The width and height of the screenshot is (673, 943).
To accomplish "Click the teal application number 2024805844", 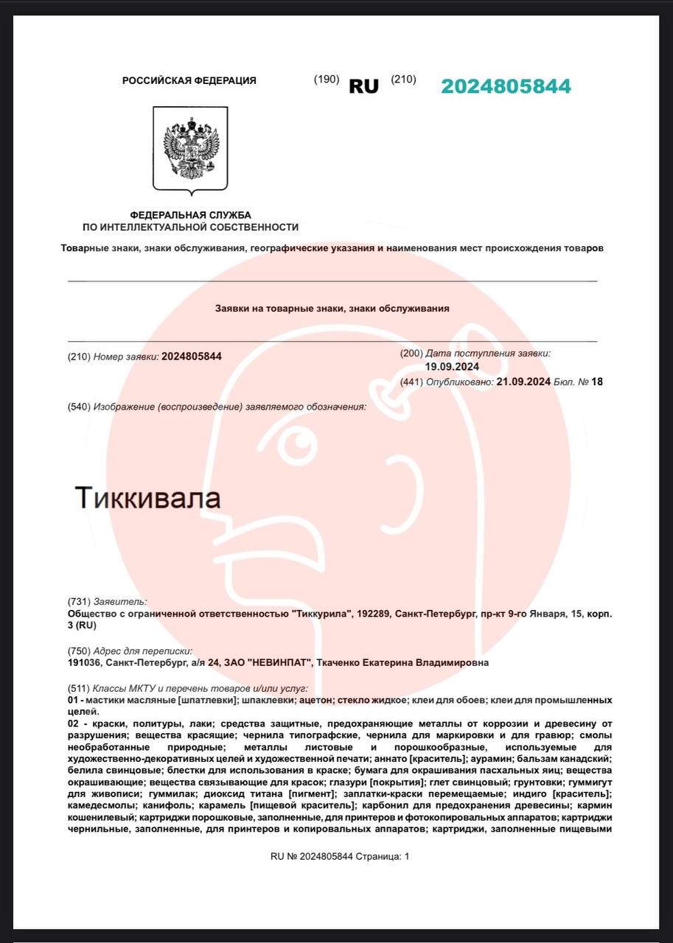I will (x=506, y=86).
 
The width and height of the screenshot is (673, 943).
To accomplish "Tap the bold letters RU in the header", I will (x=363, y=86).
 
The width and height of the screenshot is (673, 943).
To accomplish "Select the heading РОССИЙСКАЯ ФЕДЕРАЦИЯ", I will (x=189, y=81).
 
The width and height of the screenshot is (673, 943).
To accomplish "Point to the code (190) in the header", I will (x=327, y=80).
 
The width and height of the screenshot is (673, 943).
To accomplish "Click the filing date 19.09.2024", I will (x=453, y=367).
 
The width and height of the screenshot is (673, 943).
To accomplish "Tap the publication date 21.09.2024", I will (x=523, y=382).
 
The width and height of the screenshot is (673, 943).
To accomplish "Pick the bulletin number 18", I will (x=597, y=382).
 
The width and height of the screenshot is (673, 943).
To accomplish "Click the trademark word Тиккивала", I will (x=147, y=498).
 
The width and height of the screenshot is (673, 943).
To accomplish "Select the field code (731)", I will (x=79, y=602).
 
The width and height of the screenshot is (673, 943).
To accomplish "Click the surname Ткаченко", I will (x=341, y=662).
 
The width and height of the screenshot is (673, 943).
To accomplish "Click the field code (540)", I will (x=79, y=407).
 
